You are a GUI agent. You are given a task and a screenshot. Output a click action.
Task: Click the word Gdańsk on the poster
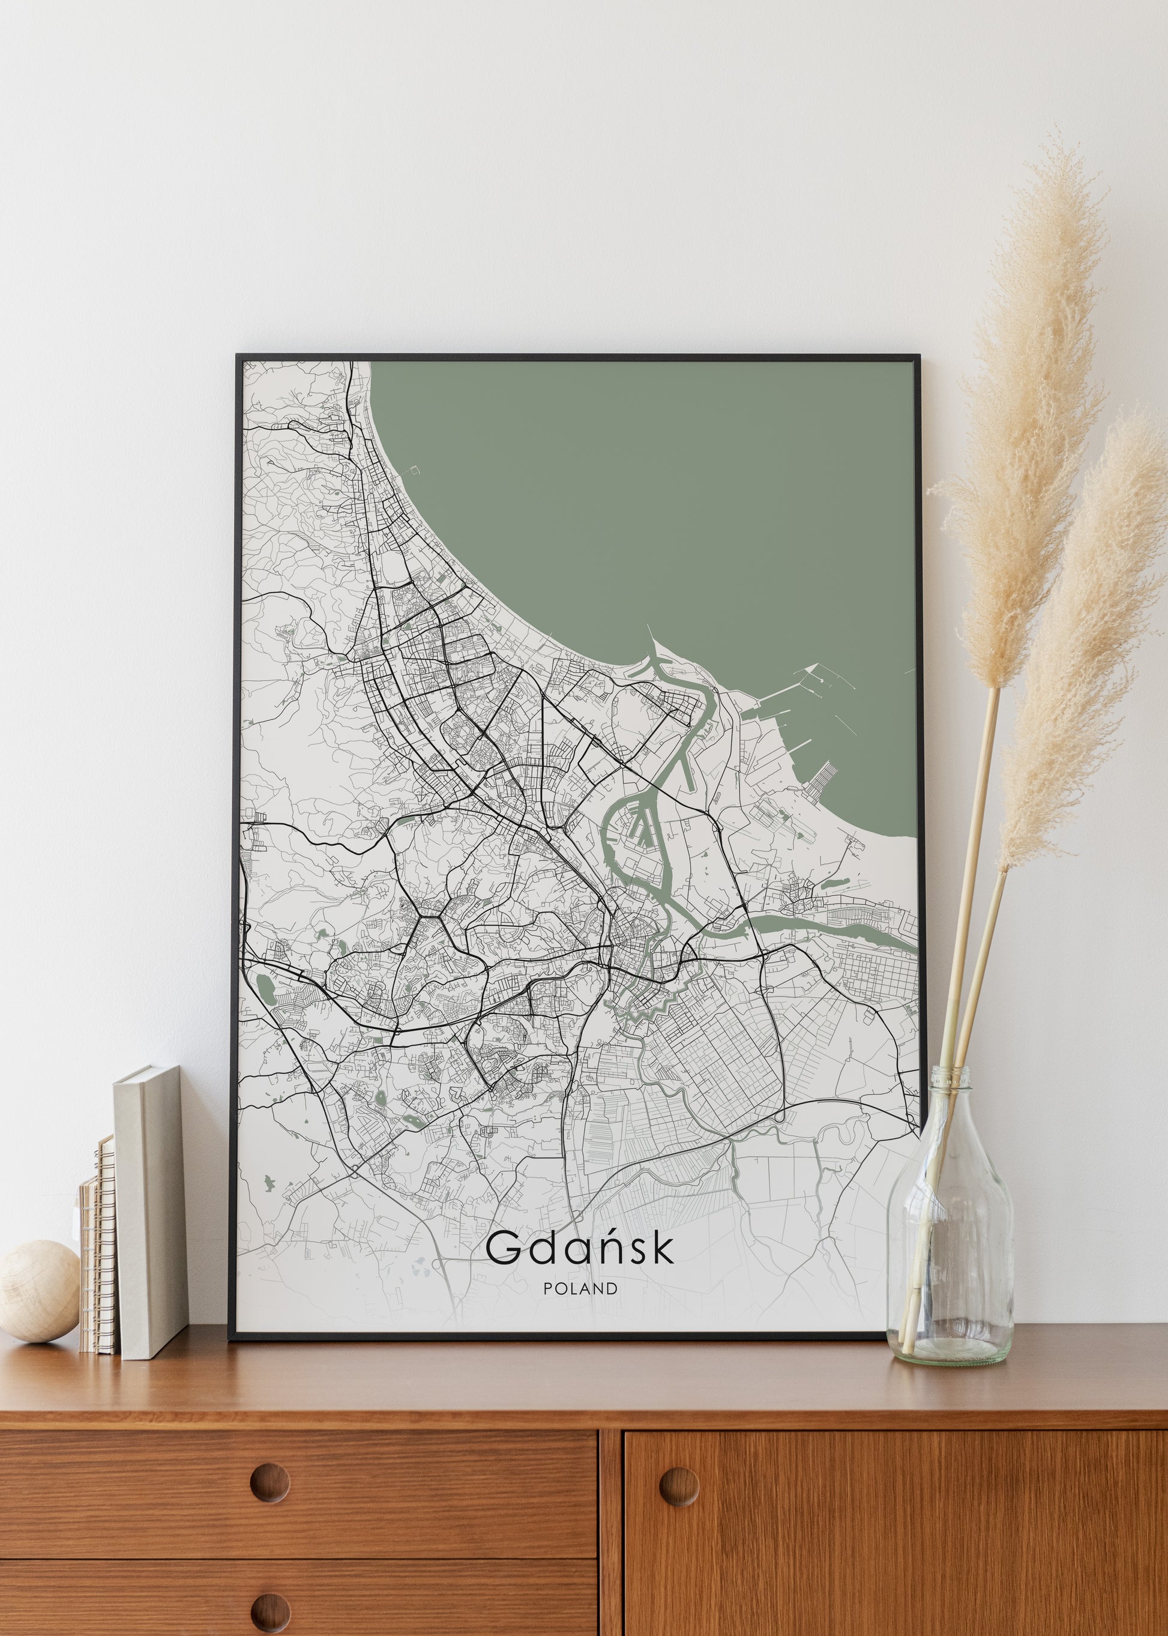(580, 1249)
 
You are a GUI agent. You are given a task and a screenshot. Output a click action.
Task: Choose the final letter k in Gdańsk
(664, 1248)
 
